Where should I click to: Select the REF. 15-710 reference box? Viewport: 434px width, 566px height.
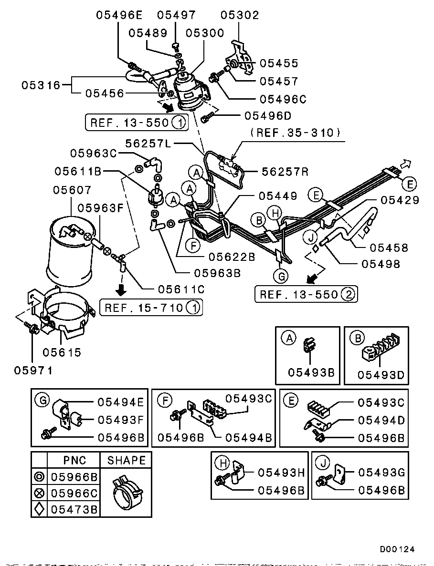(150, 308)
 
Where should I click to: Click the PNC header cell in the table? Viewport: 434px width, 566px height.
(74, 460)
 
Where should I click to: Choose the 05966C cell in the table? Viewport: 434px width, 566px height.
(74, 493)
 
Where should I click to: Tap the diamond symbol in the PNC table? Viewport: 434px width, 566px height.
(39, 509)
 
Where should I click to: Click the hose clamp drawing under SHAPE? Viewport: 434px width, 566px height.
(125, 491)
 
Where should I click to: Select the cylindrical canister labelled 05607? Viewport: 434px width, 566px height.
(69, 253)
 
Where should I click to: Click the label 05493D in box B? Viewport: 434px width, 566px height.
(381, 375)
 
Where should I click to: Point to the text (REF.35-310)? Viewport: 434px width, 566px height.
(295, 133)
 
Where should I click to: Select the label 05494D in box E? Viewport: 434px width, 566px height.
(381, 420)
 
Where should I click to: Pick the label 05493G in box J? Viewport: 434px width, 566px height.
(381, 473)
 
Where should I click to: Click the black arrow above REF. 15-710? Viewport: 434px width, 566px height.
(121, 289)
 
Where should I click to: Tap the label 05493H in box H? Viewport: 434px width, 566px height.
(281, 473)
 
